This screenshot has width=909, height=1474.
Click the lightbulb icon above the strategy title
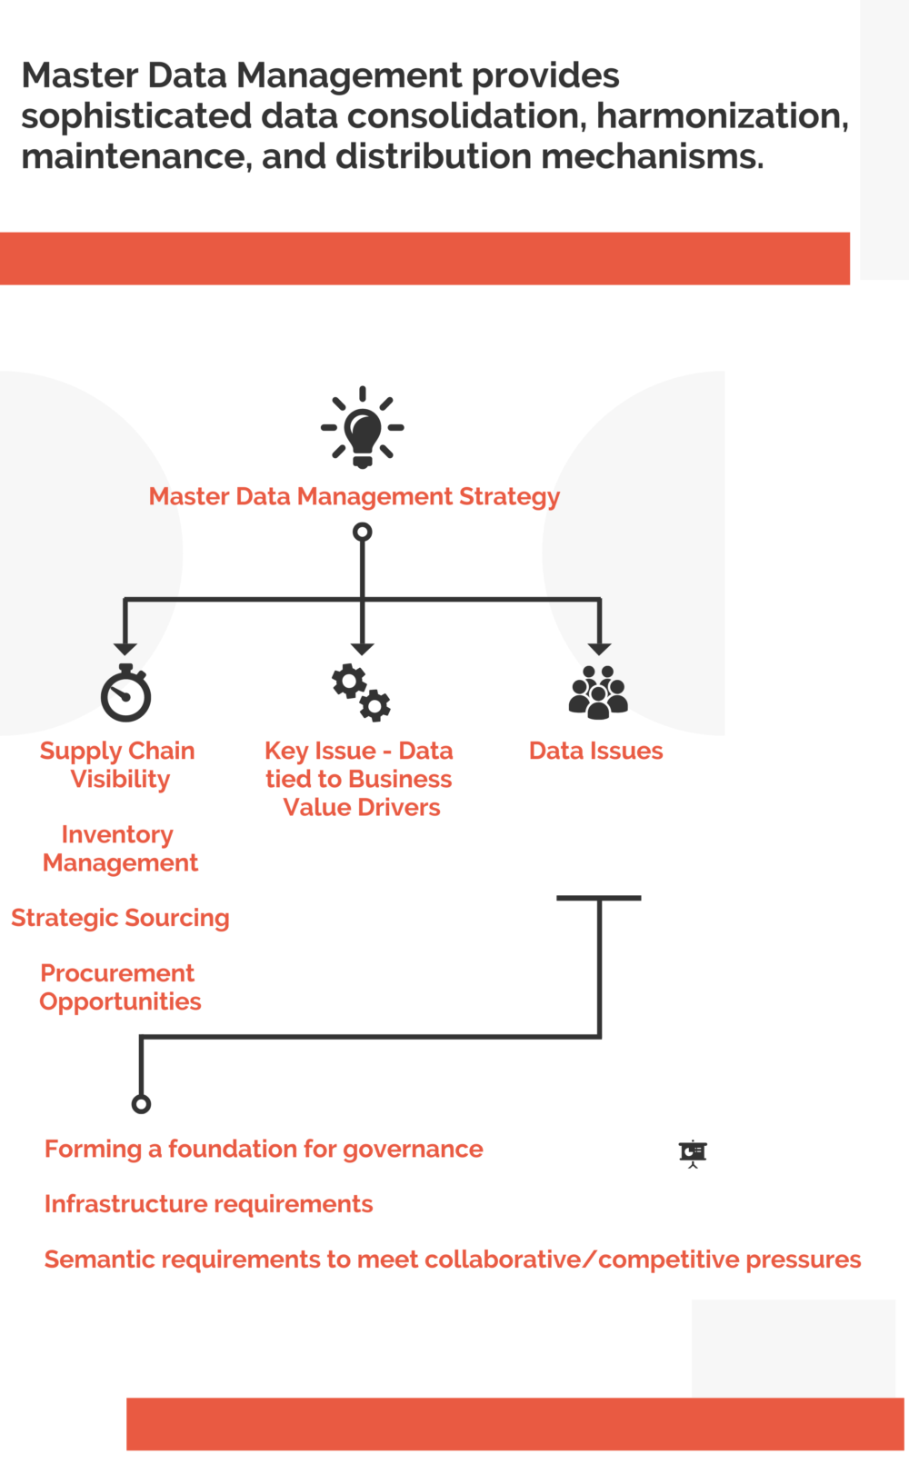coord(362,427)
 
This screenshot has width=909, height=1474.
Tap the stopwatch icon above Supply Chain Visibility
coord(125,693)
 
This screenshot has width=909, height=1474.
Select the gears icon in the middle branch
coord(361,692)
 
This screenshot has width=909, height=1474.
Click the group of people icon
coord(598,692)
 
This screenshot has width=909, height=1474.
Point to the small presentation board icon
coord(693,1153)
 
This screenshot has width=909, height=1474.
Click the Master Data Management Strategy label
coord(355,496)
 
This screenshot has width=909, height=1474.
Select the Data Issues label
coord(595,751)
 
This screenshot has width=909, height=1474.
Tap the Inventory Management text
coord(119,848)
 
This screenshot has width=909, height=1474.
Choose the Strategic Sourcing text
coord(120,918)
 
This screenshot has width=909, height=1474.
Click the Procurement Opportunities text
coord(119,987)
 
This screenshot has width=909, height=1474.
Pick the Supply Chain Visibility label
coord(118,764)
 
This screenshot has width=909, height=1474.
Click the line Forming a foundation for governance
coord(264,1149)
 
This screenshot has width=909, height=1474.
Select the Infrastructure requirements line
coord(208,1204)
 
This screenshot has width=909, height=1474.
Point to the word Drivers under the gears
coord(399,807)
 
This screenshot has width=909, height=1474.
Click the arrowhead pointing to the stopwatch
coord(125,649)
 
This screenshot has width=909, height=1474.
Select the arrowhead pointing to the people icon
coord(599,649)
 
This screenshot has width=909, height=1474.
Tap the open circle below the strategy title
coord(362,532)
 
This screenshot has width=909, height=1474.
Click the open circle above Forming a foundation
coord(141,1104)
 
